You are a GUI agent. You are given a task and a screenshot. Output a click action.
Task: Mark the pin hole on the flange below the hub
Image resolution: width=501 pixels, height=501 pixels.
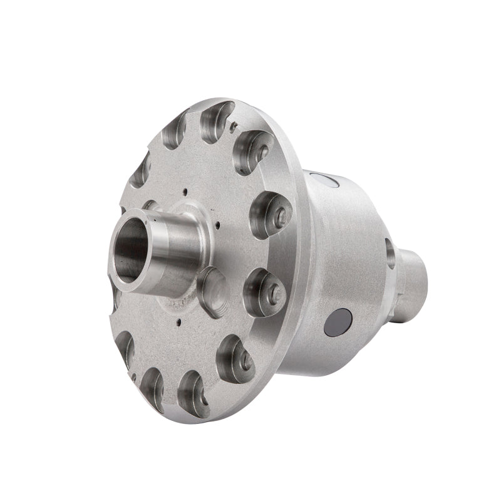(179, 324)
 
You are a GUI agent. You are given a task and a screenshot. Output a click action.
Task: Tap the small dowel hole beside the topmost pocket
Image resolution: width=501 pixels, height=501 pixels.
(232, 128)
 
